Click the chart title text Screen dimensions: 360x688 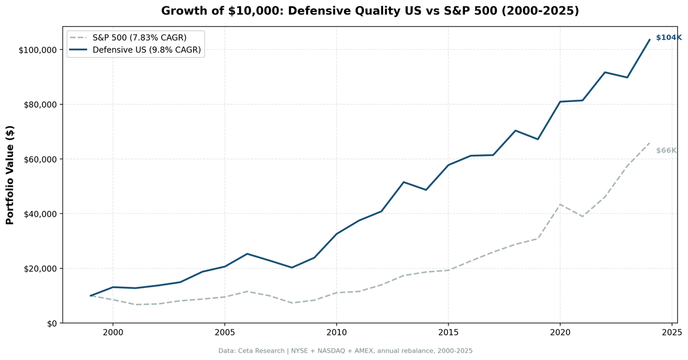(x=370, y=11)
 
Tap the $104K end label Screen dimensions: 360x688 (x=669, y=37)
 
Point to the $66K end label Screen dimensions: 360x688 (x=666, y=150)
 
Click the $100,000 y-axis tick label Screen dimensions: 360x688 (x=37, y=50)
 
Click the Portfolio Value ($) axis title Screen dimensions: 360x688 (x=10, y=175)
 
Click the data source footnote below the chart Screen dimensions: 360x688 (x=345, y=351)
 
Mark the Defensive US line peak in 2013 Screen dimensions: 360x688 (x=404, y=182)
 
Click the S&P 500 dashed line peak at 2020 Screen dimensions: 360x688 (x=560, y=204)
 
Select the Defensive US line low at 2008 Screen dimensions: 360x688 (x=292, y=268)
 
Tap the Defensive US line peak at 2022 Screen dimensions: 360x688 (x=605, y=72)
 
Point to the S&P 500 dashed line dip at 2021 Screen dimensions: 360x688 (x=583, y=217)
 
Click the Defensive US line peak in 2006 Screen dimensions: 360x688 (x=247, y=254)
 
